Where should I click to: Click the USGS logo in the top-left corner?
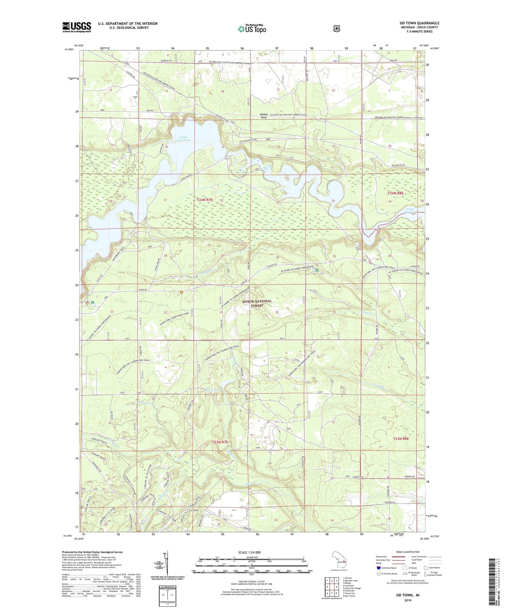click(77, 27)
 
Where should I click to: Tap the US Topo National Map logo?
click(251, 28)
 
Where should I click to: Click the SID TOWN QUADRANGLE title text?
click(419, 23)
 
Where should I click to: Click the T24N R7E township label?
click(205, 200)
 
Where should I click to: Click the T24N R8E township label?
click(396, 193)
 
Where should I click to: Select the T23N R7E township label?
click(220, 442)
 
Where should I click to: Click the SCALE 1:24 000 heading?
click(249, 552)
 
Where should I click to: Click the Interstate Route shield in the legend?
click(378, 567)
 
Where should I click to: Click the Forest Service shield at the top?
click(336, 28)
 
